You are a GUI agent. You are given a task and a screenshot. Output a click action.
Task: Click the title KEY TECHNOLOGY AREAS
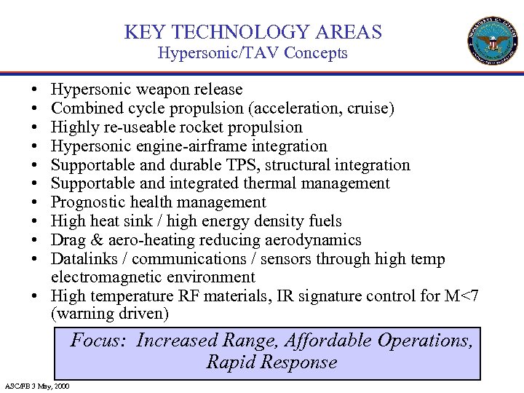pos(253,32)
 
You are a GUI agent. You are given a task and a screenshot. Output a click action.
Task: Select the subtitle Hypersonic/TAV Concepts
pos(253,52)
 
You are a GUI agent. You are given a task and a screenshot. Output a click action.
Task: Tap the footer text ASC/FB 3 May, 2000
pos(37,385)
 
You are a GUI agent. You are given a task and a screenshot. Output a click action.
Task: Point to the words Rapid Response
pos(271,362)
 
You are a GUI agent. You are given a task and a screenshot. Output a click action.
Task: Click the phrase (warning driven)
pos(109,314)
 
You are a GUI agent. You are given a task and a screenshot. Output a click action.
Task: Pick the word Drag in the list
pos(68,240)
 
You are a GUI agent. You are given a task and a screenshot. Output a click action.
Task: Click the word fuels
pos(323,221)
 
